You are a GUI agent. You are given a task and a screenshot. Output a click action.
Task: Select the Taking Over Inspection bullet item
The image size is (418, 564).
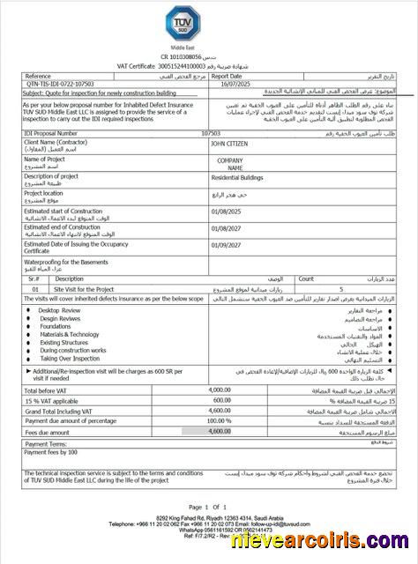(71, 359)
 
